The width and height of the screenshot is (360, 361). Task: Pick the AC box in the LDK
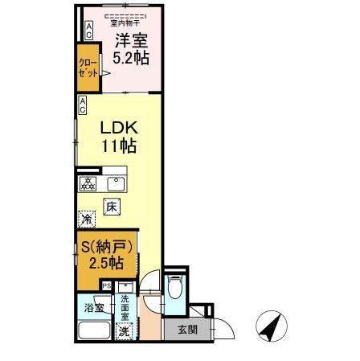coord(82,105)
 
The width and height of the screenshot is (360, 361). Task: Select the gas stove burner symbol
coord(88,182)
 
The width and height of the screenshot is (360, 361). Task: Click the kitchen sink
coord(114,181)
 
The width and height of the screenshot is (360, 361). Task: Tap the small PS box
coord(106,285)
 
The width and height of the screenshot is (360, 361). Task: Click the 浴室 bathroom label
coord(93,307)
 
